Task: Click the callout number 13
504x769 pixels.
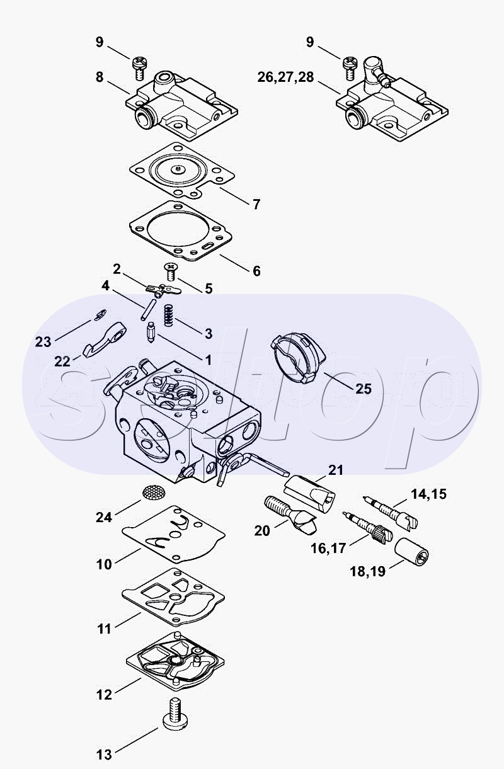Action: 104,754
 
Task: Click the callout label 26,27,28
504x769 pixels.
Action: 285,77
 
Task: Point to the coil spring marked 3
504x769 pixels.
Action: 168,314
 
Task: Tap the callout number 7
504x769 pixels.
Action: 256,204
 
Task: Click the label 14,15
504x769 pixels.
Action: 428,494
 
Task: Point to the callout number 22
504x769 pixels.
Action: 62,361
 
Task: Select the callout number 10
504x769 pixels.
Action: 104,564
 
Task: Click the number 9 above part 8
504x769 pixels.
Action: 99,42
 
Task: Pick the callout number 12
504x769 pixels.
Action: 104,695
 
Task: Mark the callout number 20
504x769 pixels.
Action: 262,531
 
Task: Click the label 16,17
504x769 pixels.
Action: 328,548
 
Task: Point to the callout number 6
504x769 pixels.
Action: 256,271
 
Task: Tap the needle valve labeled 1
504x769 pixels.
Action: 152,332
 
